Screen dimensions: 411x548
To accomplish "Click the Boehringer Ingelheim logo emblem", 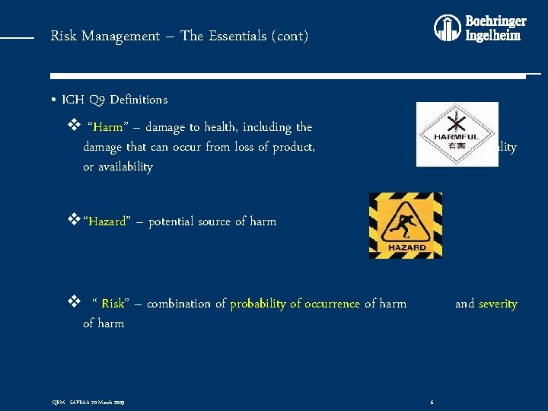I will (x=448, y=28).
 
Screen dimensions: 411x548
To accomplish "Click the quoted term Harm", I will (x=108, y=127).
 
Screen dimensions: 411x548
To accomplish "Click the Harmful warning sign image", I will (x=447, y=134).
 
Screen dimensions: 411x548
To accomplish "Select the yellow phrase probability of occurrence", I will (x=295, y=304).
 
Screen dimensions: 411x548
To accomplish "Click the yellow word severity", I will (x=498, y=304).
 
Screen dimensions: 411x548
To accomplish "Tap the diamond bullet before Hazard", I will (x=74, y=221).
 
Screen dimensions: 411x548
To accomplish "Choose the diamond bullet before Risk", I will (x=74, y=303).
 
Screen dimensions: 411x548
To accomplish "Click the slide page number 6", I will (x=432, y=401).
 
